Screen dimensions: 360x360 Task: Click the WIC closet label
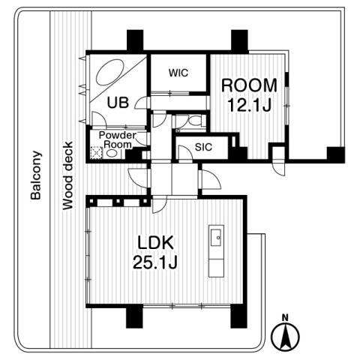(178, 73)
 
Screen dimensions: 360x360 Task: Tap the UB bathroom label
(118, 103)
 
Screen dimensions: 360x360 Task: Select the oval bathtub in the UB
(109, 72)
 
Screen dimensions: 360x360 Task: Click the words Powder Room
(118, 139)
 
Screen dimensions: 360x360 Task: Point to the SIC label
(203, 147)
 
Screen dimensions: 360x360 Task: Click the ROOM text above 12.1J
(249, 85)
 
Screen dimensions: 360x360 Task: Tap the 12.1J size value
(249, 105)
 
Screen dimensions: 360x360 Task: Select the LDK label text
(155, 242)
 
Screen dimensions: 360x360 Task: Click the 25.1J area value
(155, 262)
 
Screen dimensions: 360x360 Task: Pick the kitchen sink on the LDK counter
(216, 238)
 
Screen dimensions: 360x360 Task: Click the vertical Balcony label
(36, 175)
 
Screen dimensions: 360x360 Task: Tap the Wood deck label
(67, 175)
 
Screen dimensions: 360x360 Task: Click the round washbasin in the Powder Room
(111, 153)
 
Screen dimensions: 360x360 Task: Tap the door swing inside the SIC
(186, 152)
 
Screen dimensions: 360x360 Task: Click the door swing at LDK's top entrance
(160, 205)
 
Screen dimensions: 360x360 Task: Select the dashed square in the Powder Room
(96, 153)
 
